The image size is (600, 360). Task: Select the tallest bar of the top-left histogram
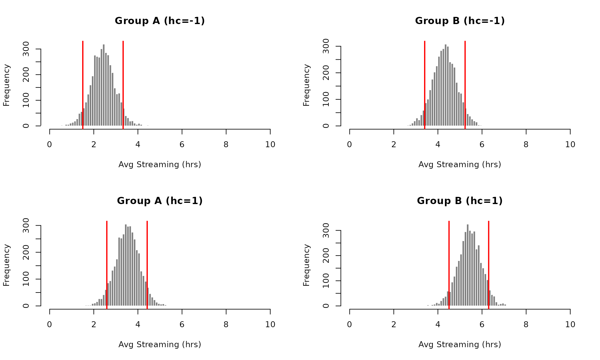104,84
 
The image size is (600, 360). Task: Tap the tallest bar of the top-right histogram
446,84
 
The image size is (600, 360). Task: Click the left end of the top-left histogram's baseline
41,126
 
